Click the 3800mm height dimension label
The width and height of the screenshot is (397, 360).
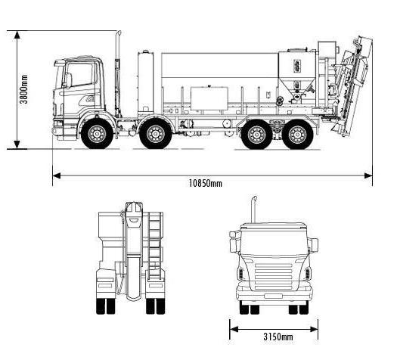click(x=23, y=89)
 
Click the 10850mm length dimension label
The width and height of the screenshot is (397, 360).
click(x=206, y=183)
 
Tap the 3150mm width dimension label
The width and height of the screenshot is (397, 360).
click(x=278, y=337)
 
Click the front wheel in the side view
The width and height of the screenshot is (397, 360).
click(x=97, y=133)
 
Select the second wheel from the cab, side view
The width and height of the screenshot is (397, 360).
click(x=156, y=133)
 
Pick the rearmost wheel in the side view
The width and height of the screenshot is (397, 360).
click(x=297, y=134)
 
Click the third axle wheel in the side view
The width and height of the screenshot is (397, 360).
click(x=256, y=134)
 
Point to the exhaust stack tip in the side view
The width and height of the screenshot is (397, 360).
click(x=119, y=33)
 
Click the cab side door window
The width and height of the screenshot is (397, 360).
click(x=80, y=74)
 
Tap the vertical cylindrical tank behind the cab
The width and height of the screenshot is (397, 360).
click(x=146, y=82)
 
